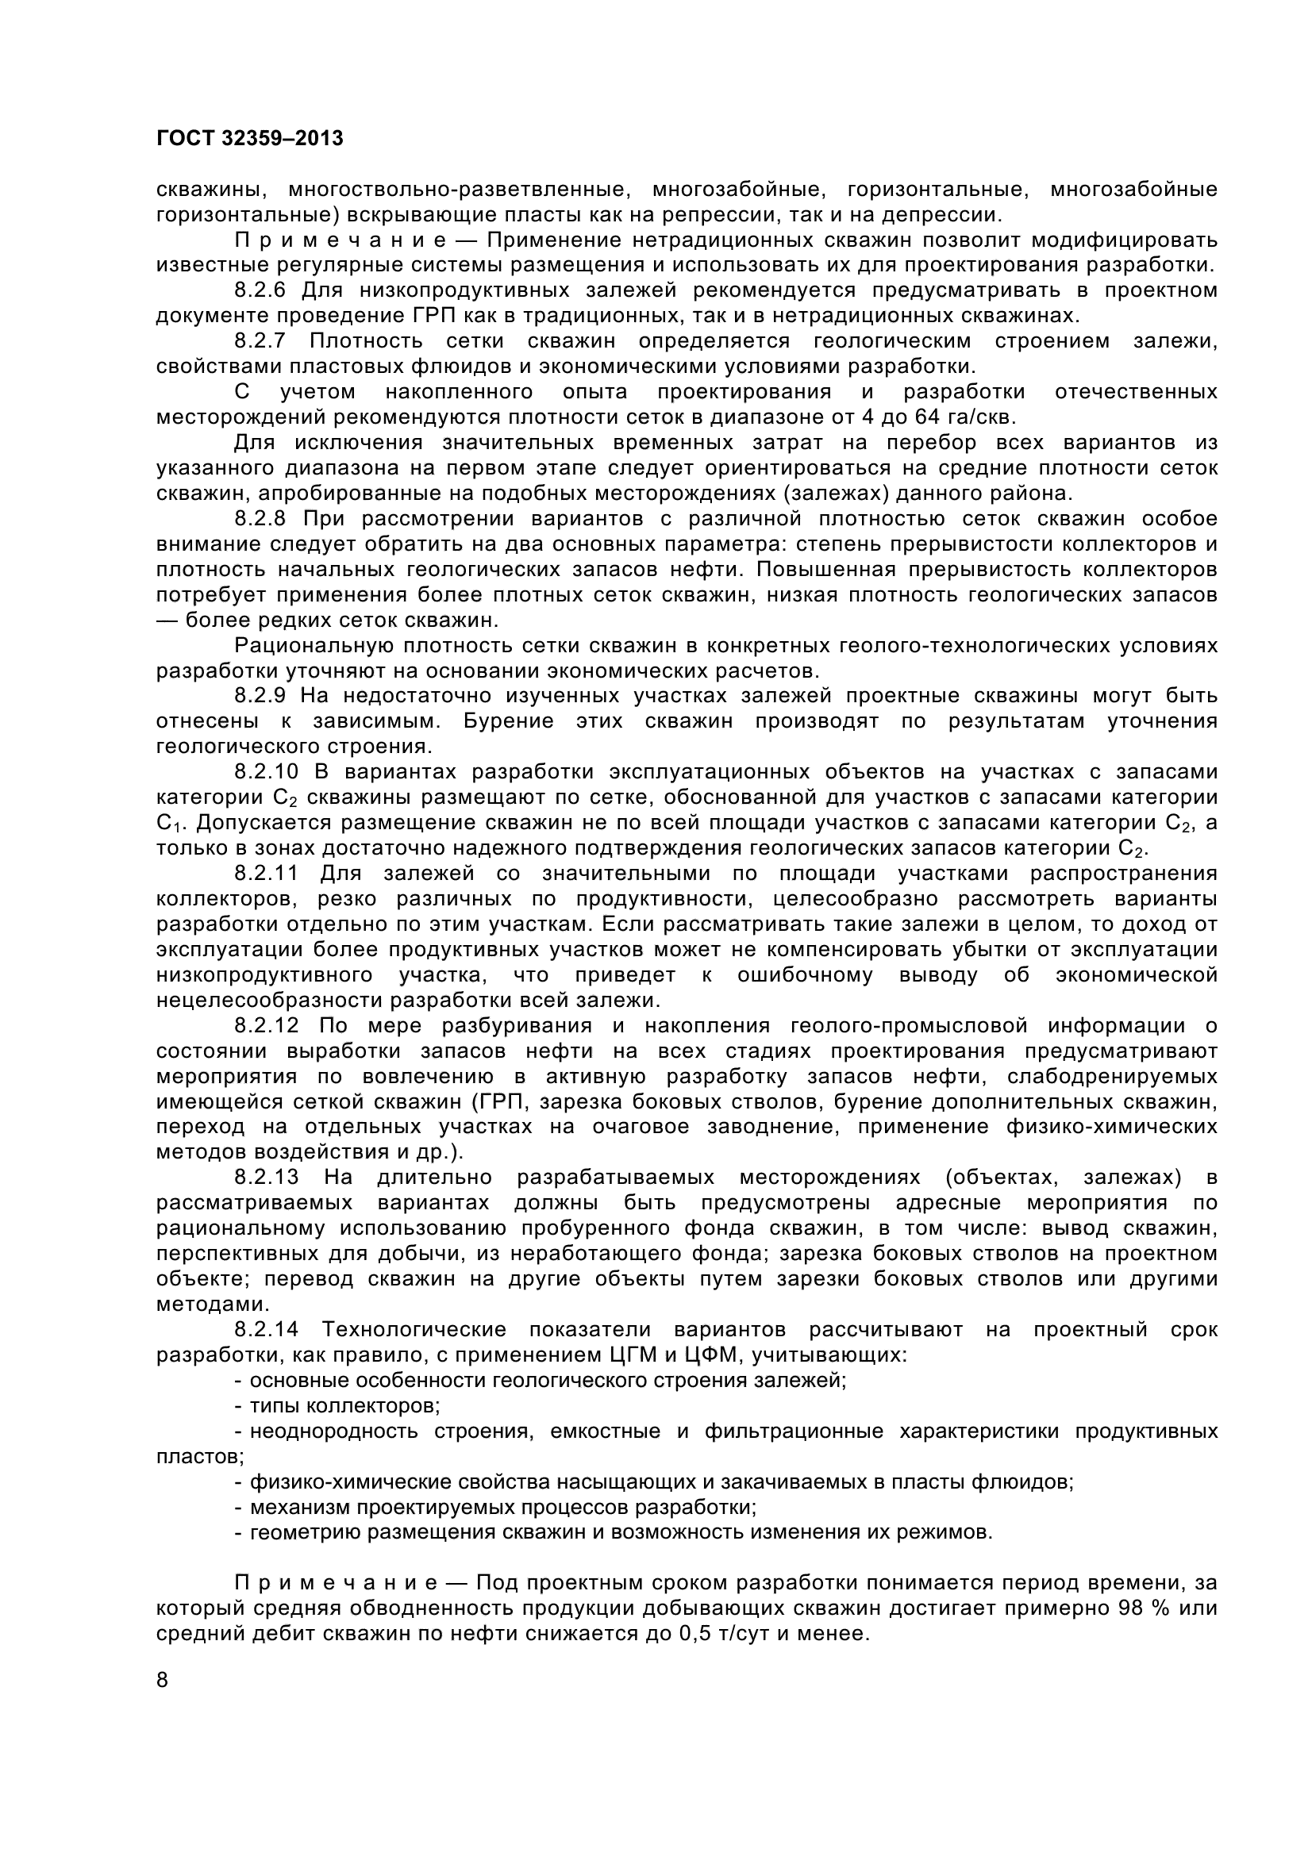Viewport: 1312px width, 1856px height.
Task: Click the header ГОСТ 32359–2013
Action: pos(250,139)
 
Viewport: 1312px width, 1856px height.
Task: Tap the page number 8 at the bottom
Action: pos(163,1681)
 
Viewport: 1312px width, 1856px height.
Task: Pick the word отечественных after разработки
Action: pos(1136,392)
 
